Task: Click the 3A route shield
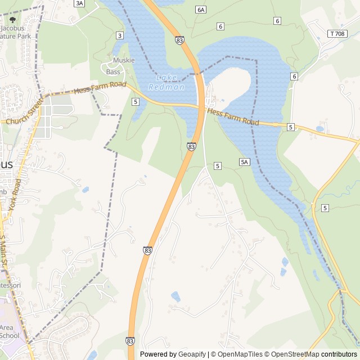(x=79, y=3)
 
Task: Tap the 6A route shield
(x=201, y=10)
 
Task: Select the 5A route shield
(x=244, y=162)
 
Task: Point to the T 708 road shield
(x=337, y=34)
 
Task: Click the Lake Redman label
(x=166, y=82)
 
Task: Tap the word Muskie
(x=124, y=60)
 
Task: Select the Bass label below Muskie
(x=114, y=72)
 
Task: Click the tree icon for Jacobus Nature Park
(x=13, y=19)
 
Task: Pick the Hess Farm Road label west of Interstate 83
(x=100, y=88)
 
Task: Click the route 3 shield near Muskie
(x=120, y=35)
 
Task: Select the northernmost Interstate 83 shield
(x=179, y=40)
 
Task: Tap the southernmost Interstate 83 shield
(x=130, y=341)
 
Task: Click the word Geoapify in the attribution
(x=192, y=354)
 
